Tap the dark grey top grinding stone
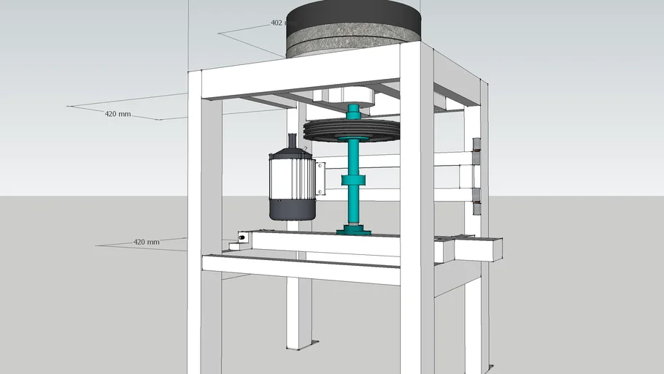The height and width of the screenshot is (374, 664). [x=355, y=16]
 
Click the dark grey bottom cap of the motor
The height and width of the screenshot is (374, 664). [x=292, y=210]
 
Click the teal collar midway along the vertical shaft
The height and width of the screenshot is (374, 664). [x=353, y=180]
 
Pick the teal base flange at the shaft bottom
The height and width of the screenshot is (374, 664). [x=353, y=232]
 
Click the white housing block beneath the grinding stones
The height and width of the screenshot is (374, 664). [x=343, y=95]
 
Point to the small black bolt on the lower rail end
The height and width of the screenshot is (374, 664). [x=242, y=237]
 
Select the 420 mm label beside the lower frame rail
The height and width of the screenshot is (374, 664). [x=146, y=242]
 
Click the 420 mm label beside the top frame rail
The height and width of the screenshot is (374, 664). [x=117, y=114]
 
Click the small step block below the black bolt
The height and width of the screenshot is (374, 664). [x=234, y=246]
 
